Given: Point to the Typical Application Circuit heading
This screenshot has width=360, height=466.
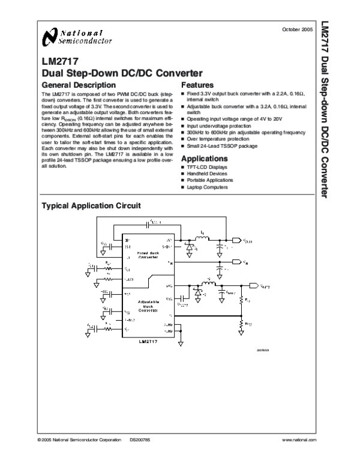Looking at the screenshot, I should point(90,205).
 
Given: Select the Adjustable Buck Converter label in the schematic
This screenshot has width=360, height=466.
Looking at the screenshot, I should point(147,306).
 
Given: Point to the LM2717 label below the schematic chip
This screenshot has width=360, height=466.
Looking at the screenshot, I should point(147,341).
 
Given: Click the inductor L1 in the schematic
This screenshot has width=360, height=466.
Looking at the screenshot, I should point(202,239).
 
